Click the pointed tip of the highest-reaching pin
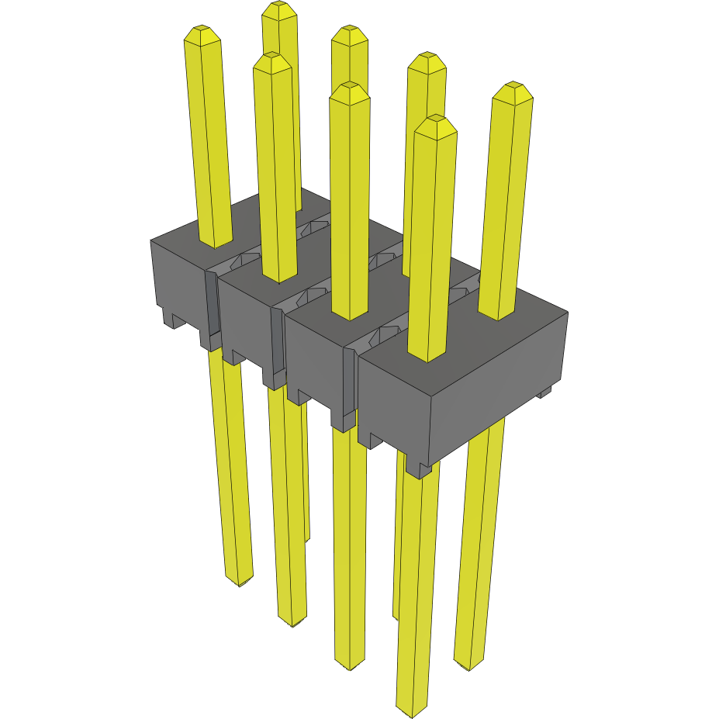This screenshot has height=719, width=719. [x=279, y=9]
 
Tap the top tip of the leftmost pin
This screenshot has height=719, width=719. [x=201, y=33]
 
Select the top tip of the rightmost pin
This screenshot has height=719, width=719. [x=513, y=88]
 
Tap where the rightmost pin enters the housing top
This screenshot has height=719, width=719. [x=496, y=314]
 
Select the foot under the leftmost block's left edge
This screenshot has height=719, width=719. [x=171, y=319]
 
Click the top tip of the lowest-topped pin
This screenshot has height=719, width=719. [x=435, y=122]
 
